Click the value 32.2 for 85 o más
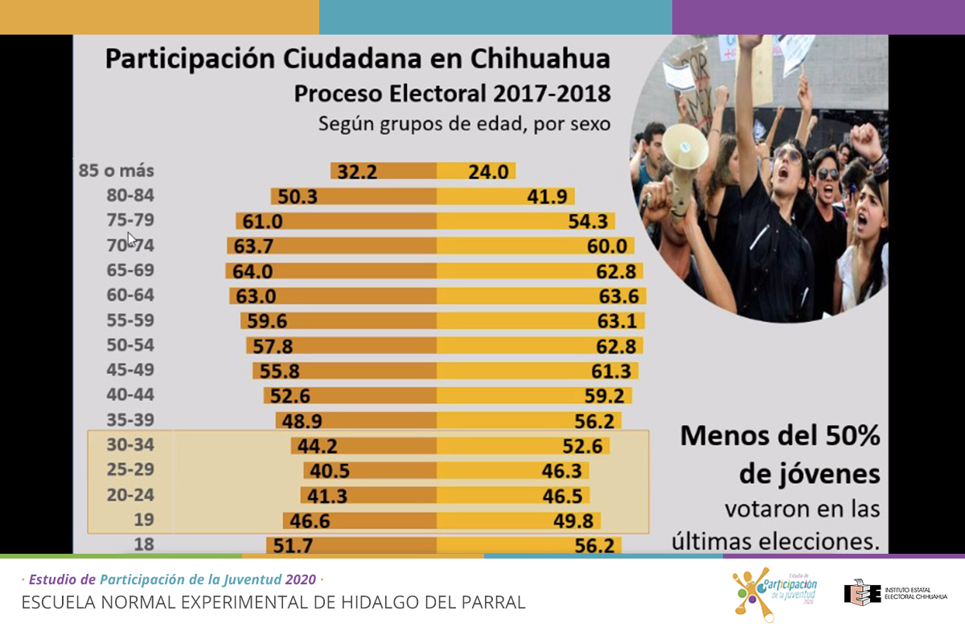pyautogui.click(x=357, y=171)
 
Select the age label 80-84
pyautogui.click(x=129, y=196)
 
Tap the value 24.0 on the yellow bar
pyautogui.click(x=468, y=171)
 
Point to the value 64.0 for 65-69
pyautogui.click(x=253, y=271)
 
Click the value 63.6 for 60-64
pyautogui.click(x=618, y=296)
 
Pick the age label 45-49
pyautogui.click(x=129, y=370)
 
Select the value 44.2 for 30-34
pyautogui.click(x=318, y=445)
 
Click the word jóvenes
pyautogui.click(x=809, y=474)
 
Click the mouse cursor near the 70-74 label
pyautogui.click(x=131, y=238)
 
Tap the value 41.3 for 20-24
pyautogui.click(x=328, y=495)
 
